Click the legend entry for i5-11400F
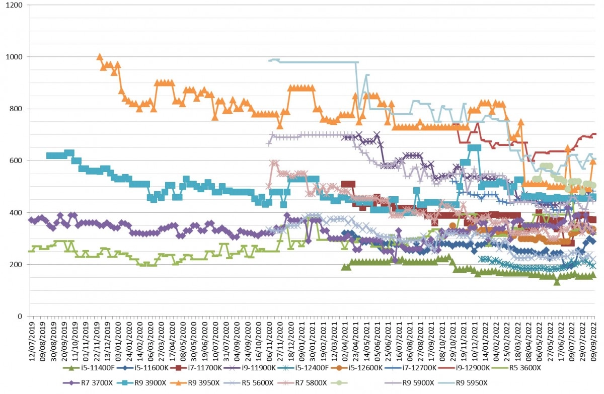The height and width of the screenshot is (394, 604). pos(89,368)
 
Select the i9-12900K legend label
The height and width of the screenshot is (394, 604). pos(464,368)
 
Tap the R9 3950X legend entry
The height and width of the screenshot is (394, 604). pos(195,383)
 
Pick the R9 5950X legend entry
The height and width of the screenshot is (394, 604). pos(463,383)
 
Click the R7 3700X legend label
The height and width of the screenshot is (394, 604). pos(88,383)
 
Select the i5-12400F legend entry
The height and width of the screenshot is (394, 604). pos(303,368)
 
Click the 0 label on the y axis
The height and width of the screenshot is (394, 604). pos(20,317)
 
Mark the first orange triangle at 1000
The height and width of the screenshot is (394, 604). pos(100,56)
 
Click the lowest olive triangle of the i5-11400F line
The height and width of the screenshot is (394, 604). pos(557,282)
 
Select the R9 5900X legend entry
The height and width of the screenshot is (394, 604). pos(409,383)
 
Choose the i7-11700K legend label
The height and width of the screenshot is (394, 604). pos(195,368)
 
